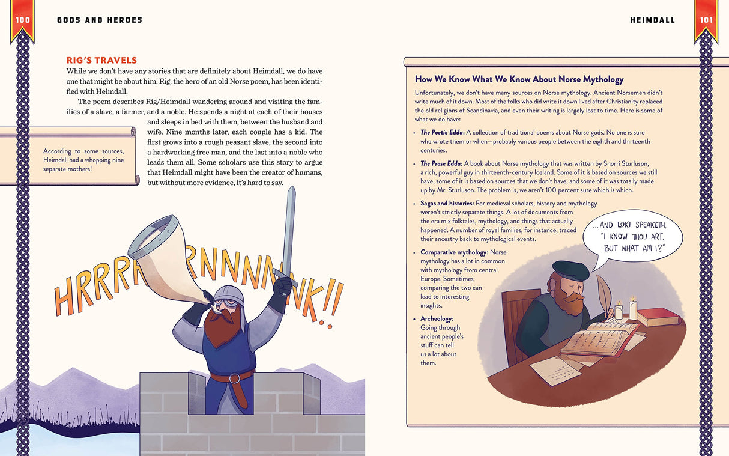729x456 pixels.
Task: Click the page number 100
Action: (x=23, y=20)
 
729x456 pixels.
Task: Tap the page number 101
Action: (x=707, y=20)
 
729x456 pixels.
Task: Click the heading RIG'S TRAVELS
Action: (x=101, y=61)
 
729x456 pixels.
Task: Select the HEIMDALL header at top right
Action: (x=652, y=20)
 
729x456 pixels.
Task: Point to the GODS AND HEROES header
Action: (x=100, y=20)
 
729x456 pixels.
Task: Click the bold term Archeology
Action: (x=437, y=319)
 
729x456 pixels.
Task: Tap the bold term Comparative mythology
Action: (x=455, y=252)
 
